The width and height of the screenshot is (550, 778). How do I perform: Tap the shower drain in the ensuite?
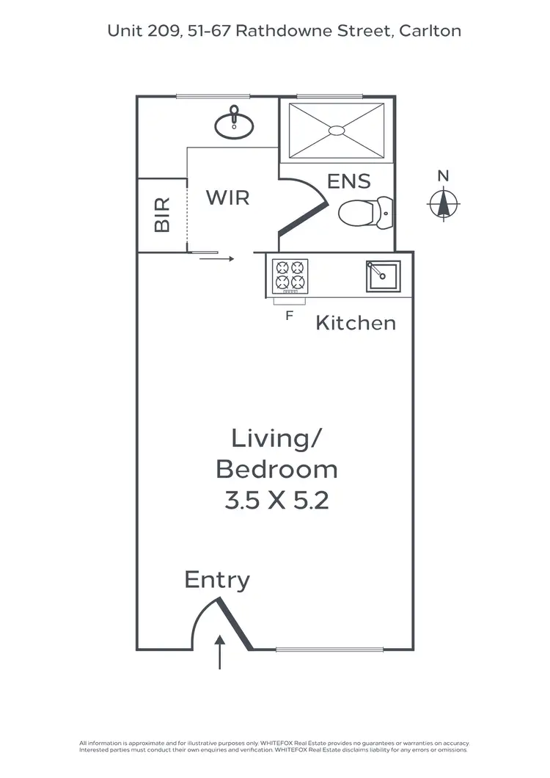(x=336, y=131)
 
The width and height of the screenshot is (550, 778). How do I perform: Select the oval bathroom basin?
(x=234, y=126)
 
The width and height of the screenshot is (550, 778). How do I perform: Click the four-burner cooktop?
(x=290, y=276)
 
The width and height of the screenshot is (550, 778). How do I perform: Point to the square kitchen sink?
(x=383, y=276)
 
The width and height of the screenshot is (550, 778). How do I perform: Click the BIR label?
(x=162, y=214)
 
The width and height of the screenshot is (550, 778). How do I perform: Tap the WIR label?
(x=227, y=197)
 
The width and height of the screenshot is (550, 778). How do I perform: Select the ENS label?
(x=349, y=181)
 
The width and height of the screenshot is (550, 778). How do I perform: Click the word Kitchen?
(x=356, y=322)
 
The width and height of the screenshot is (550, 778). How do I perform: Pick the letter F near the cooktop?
(x=290, y=316)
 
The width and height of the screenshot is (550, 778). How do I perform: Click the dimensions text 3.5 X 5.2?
(x=276, y=501)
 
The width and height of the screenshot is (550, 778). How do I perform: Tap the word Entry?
(x=217, y=580)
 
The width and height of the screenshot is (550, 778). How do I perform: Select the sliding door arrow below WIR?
(x=217, y=258)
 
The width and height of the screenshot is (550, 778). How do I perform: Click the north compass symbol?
(x=443, y=203)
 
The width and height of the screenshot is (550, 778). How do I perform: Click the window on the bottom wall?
(x=329, y=649)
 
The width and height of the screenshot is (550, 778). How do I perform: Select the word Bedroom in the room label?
(x=276, y=469)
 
